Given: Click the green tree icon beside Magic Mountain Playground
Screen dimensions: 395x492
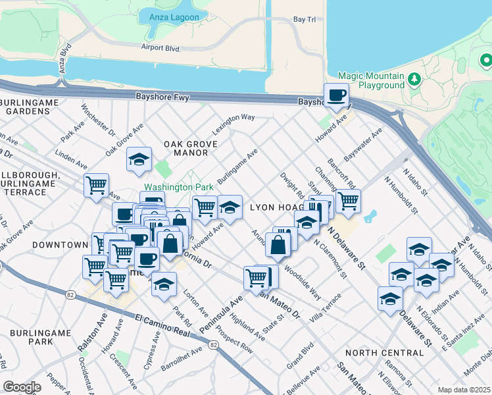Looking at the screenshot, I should tap(414, 80).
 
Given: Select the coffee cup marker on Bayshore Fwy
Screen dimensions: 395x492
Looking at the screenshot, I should tap(337, 95).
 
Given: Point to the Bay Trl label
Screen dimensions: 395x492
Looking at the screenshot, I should tap(305, 20).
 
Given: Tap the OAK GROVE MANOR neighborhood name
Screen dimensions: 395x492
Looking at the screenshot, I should tap(185, 148).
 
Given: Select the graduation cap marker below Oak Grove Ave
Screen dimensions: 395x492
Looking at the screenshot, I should tap(139, 160).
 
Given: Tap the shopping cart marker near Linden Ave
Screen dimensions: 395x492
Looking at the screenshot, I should tap(97, 185).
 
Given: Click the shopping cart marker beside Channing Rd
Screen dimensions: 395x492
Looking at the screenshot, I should tap(348, 200).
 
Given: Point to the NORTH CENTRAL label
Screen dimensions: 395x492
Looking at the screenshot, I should tap(384, 353).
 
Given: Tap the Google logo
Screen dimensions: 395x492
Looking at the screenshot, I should tap(22, 386).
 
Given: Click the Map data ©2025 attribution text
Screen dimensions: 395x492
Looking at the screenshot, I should tap(464, 390).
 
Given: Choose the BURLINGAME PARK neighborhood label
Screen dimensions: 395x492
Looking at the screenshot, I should tap(45, 337).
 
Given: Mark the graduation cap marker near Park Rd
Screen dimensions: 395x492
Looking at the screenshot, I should tap(164, 284).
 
